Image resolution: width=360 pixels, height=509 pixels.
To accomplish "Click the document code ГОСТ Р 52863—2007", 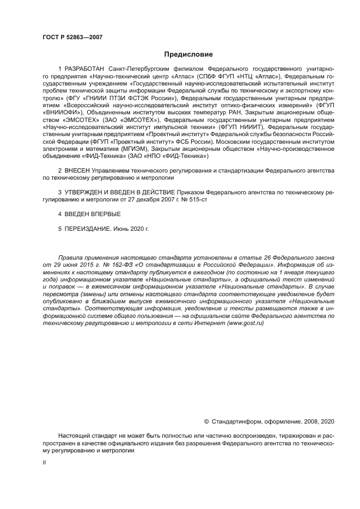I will (72, 37).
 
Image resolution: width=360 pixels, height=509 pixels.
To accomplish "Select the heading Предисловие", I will (188, 54).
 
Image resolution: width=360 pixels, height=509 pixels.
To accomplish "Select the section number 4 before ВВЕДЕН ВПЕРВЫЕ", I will (60, 214).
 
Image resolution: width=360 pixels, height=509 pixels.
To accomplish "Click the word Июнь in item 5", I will (121, 229).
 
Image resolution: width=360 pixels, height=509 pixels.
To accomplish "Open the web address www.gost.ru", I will (245, 323).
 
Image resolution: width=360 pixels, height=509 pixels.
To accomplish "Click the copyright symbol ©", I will (206, 421).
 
